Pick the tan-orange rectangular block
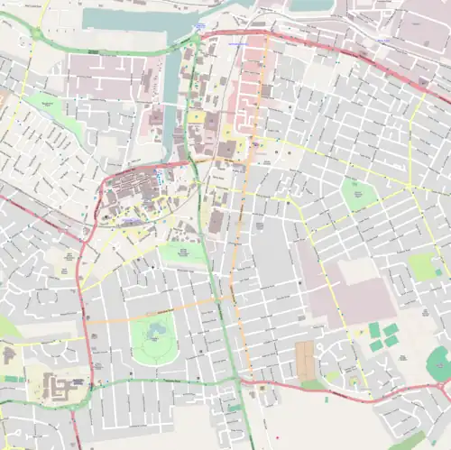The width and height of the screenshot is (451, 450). pyautogui.click(x=307, y=360)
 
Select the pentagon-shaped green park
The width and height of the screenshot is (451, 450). pyautogui.click(x=358, y=195)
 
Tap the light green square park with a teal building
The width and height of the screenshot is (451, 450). pyautogui.click(x=422, y=265)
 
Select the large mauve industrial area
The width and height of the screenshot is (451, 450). pyautogui.click(x=347, y=289)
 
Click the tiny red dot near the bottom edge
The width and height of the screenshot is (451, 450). pyautogui.click(x=262, y=389)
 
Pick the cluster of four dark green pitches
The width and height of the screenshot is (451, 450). pyautogui.click(x=382, y=337)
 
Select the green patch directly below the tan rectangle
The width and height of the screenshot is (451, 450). pyautogui.click(x=312, y=384)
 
